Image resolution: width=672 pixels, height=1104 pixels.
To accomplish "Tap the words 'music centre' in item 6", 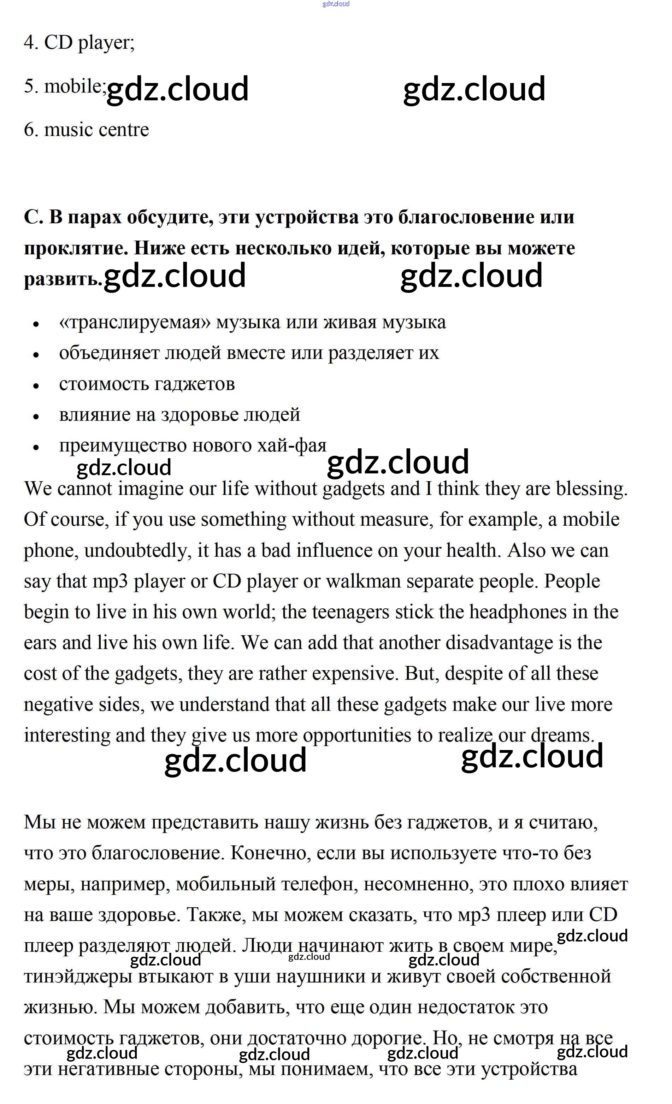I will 96,130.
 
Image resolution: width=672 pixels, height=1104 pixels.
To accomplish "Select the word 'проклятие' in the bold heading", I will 75,248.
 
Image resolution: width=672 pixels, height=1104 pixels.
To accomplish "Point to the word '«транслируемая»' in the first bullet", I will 134,323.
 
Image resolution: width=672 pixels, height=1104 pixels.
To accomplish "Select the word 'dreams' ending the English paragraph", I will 562,736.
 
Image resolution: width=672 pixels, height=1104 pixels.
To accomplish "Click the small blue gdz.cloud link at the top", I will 336,4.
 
